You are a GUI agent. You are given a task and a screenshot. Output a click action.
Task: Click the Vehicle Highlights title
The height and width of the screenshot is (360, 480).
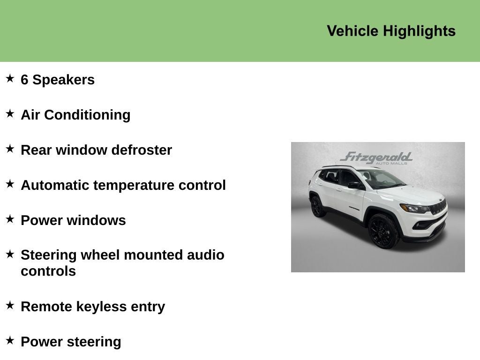pyautogui.click(x=391, y=31)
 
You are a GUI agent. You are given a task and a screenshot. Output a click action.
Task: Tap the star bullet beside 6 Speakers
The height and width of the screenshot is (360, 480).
pyautogui.click(x=10, y=78)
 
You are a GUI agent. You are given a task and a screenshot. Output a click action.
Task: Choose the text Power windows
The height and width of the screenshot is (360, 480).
pyautogui.click(x=73, y=220)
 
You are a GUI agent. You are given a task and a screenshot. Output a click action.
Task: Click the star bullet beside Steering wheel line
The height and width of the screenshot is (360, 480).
pyautogui.click(x=10, y=254)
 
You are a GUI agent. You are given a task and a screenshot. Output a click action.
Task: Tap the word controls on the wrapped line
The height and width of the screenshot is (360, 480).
pyautogui.click(x=48, y=271)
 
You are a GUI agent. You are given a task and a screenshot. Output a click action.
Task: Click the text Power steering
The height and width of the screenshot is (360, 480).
pyautogui.click(x=71, y=342)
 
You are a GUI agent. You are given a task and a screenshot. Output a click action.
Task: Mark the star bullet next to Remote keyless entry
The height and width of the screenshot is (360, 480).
pyautogui.click(x=10, y=305)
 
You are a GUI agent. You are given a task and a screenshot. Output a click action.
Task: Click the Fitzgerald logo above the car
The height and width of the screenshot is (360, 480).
pyautogui.click(x=377, y=158)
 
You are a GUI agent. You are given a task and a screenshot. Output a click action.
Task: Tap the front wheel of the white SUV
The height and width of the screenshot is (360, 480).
pyautogui.click(x=383, y=231)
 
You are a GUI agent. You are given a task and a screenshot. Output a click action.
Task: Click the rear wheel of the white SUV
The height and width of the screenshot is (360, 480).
pyautogui.click(x=317, y=206)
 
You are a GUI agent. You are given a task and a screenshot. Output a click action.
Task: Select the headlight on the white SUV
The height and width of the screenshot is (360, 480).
pyautogui.click(x=413, y=208)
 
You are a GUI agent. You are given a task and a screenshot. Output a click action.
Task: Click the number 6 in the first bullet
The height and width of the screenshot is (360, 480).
pyautogui.click(x=24, y=80)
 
